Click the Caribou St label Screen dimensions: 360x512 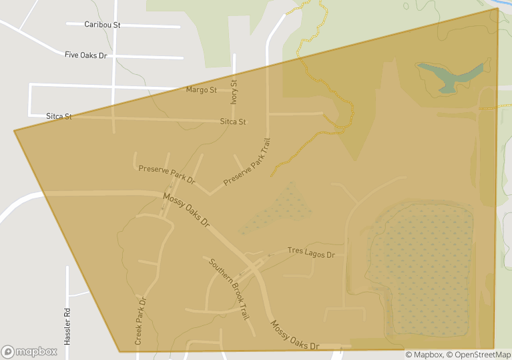[x=102, y=25]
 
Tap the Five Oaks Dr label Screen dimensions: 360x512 [x=85, y=55]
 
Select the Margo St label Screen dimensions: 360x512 [x=201, y=89]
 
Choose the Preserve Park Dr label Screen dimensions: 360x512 [x=167, y=174]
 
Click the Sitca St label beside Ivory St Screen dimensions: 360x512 [x=233, y=122]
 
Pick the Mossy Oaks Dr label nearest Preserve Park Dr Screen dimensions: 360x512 [x=186, y=210]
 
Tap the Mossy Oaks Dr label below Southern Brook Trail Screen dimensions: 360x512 [x=294, y=336]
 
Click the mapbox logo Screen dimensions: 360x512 [x=29, y=351]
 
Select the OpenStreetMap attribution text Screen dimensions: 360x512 [x=479, y=355]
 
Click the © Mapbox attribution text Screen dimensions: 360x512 [x=425, y=355]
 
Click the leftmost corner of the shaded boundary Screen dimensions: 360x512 [x=15, y=131]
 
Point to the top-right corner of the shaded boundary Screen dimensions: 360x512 [x=498, y=9]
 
